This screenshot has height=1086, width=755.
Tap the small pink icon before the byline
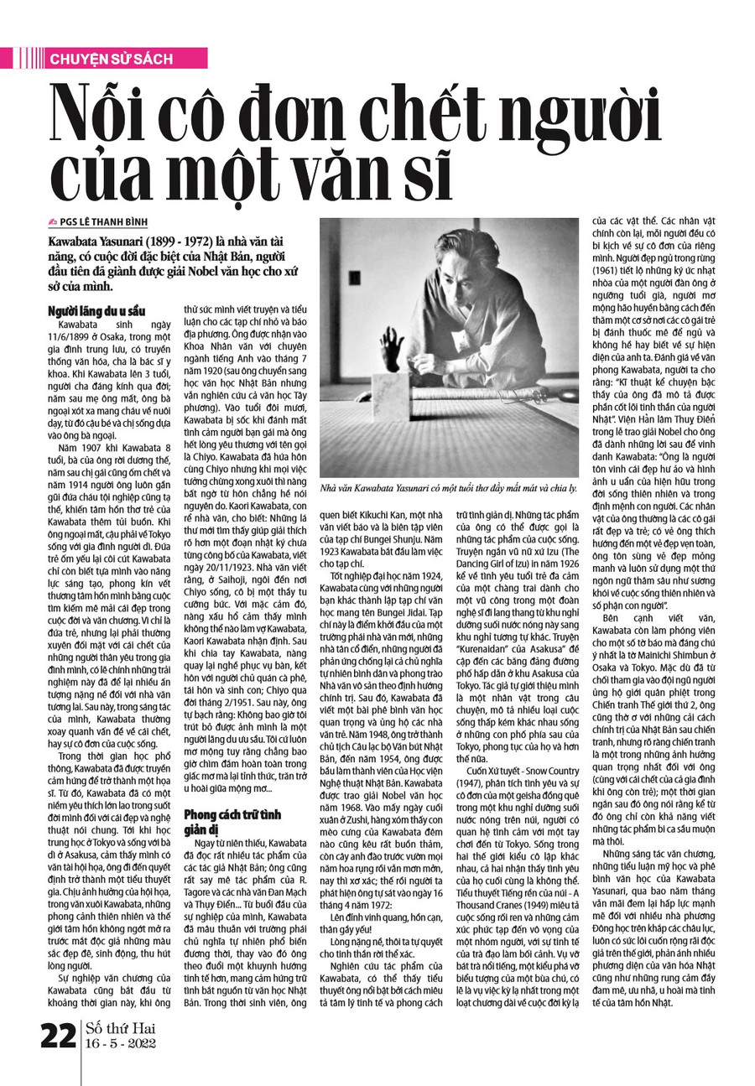53,222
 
